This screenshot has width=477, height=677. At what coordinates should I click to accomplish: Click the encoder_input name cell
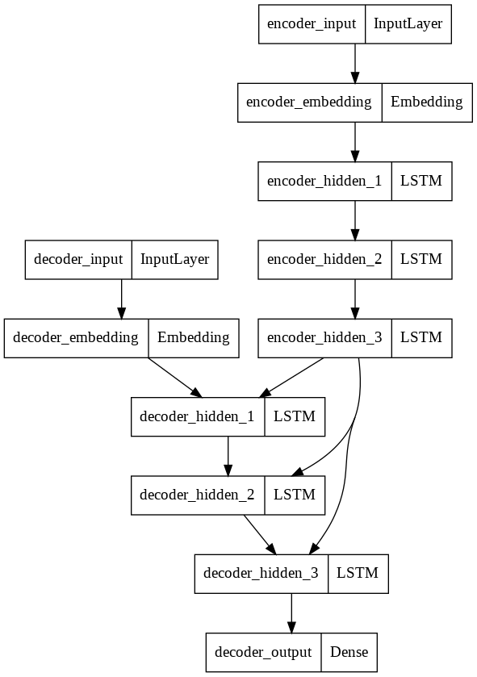tap(312, 23)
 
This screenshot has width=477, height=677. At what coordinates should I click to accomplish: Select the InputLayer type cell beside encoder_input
tap(408, 23)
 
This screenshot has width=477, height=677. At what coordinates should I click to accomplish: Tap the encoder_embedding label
tap(309, 102)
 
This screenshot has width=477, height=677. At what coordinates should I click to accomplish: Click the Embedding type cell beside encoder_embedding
tap(426, 102)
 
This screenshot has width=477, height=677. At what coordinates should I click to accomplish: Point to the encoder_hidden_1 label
tap(324, 181)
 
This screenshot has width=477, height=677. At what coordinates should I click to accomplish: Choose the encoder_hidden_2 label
tap(324, 259)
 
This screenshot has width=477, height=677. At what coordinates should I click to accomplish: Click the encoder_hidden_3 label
tap(324, 337)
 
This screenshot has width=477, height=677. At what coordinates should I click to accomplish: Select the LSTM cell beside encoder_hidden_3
tap(421, 337)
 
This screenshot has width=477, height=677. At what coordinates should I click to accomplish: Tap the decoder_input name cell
tap(78, 259)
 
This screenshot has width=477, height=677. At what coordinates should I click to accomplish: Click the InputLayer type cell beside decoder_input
tap(174, 259)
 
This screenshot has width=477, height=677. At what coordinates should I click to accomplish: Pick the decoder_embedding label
tap(76, 337)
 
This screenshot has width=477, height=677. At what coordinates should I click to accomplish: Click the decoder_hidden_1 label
tap(198, 416)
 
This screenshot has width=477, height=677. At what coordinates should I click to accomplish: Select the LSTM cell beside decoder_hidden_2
tap(295, 495)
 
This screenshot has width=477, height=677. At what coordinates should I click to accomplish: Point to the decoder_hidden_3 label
tap(261, 573)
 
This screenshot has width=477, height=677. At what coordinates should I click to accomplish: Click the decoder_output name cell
tap(264, 651)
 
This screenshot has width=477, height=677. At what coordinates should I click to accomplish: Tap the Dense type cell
tap(349, 651)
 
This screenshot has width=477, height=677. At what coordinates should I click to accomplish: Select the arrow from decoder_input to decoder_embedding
tap(122, 299)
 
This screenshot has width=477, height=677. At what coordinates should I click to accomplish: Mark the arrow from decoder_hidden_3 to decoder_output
tap(291, 612)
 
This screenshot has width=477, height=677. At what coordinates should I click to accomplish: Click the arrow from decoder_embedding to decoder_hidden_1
tap(174, 377)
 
